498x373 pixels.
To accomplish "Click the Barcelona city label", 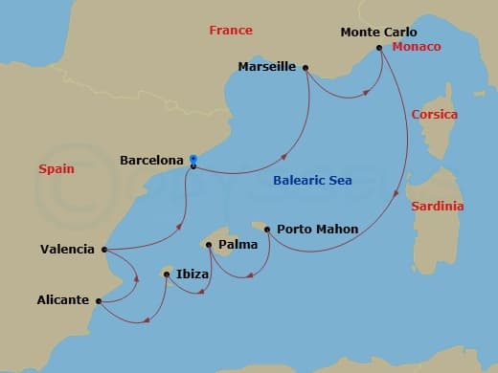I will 150,161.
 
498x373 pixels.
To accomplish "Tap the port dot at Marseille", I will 305,68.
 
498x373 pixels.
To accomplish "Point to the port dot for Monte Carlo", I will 380,48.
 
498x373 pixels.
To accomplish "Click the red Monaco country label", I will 417,47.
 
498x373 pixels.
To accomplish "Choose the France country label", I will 231,31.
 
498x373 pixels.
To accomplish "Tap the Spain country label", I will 56,168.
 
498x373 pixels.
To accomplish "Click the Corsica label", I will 434,115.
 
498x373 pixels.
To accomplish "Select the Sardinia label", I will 437,207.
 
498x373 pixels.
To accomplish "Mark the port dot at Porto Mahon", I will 267,229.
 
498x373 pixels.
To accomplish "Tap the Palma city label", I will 237,245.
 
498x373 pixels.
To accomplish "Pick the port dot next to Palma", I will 209,245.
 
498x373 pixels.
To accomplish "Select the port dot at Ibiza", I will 168,274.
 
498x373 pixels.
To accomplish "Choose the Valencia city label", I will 67,250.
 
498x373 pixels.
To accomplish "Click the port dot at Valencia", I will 102,250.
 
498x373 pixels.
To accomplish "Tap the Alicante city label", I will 64,299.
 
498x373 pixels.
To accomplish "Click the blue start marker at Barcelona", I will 193,160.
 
